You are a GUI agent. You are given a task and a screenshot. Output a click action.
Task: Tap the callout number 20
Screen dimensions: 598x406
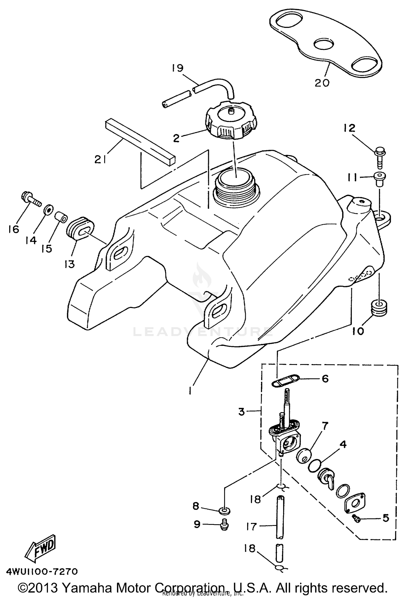322,82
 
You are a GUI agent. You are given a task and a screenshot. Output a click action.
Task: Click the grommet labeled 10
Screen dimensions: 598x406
378,308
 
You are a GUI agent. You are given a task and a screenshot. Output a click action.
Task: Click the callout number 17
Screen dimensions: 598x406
252,526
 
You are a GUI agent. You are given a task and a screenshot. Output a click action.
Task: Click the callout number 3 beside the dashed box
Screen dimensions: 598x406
241,411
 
